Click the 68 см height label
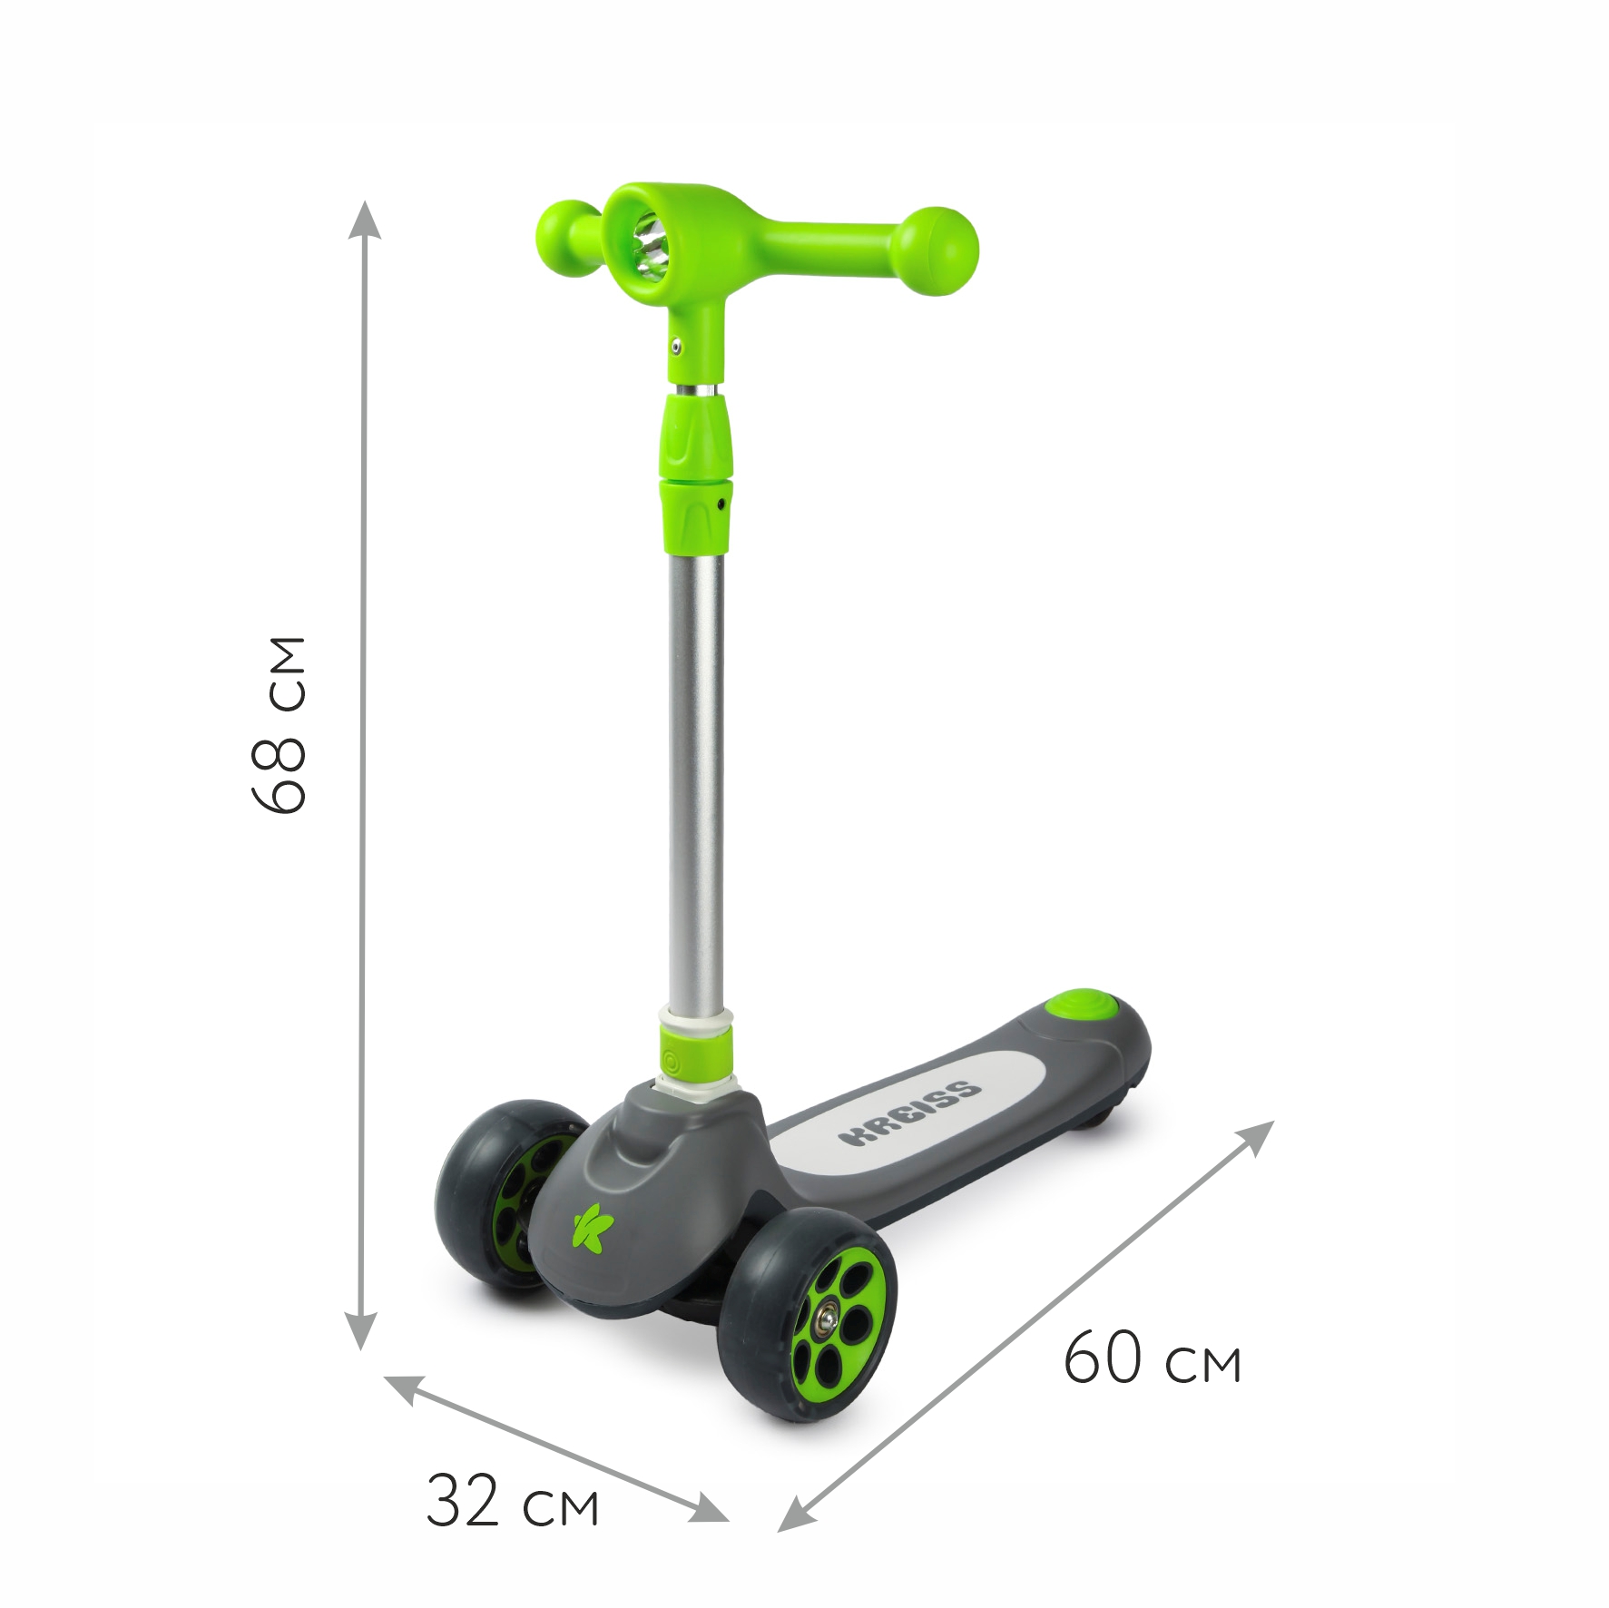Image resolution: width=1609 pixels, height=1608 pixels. tap(279, 724)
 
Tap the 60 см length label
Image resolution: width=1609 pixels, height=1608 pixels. tap(1152, 1358)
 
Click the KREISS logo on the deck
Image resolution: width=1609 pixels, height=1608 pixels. tap(909, 1112)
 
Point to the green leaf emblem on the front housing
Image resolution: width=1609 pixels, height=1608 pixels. tap(592, 1225)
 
